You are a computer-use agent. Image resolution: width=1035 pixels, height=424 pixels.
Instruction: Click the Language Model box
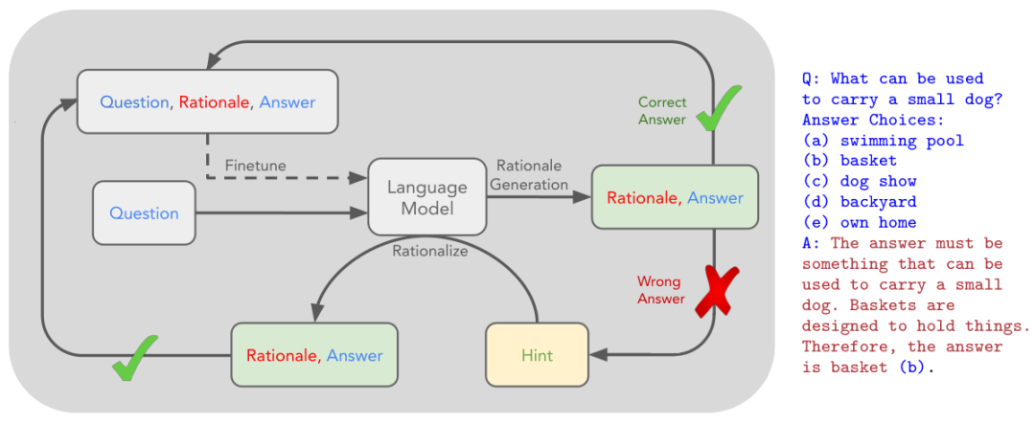(427, 196)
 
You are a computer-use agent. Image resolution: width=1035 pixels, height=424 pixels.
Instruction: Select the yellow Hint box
(537, 355)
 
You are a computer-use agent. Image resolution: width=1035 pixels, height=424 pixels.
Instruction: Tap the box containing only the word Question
(145, 213)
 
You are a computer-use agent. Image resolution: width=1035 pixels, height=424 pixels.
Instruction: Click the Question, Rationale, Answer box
(208, 102)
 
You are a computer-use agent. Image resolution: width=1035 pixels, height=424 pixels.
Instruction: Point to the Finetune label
(256, 165)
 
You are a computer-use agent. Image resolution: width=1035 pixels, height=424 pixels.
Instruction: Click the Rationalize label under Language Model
(429, 251)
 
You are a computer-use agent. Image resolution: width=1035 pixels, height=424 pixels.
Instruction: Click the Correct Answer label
(662, 111)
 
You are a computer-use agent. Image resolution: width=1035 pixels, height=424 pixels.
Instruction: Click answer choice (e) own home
(860, 222)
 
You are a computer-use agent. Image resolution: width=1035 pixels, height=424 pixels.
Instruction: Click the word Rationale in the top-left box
(215, 102)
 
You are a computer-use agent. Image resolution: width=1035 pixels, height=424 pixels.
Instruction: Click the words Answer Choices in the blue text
(873, 121)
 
